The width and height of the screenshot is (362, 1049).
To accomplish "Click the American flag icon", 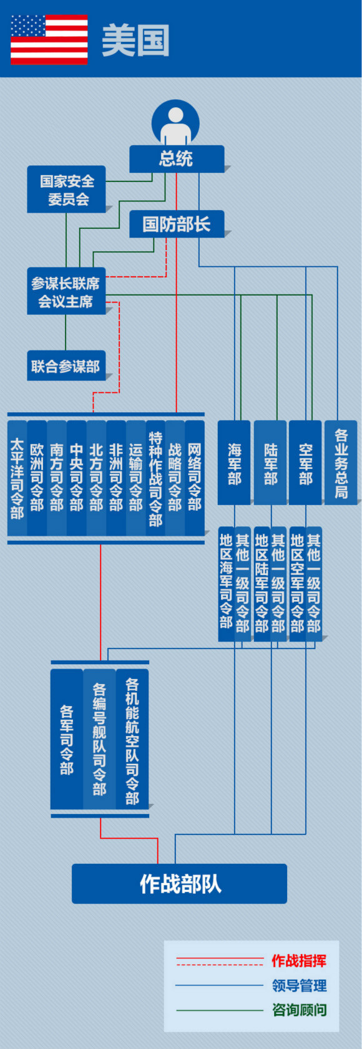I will click(49, 40).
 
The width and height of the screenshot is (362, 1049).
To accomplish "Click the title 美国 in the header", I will click(135, 41).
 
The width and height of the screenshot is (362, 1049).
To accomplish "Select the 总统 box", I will click(176, 158).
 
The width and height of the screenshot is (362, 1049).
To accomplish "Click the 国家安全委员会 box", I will click(66, 190).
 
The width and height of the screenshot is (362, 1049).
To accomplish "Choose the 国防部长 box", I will click(176, 224).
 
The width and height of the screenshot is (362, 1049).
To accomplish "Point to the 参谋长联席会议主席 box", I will click(66, 292).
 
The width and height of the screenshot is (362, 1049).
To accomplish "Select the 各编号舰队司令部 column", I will click(99, 739).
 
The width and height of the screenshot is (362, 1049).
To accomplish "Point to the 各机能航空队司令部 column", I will click(132, 739).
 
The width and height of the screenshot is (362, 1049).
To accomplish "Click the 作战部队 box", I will click(180, 883).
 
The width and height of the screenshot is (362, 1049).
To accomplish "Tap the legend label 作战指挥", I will click(298, 960).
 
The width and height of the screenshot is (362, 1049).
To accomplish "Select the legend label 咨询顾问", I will click(299, 1010).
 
